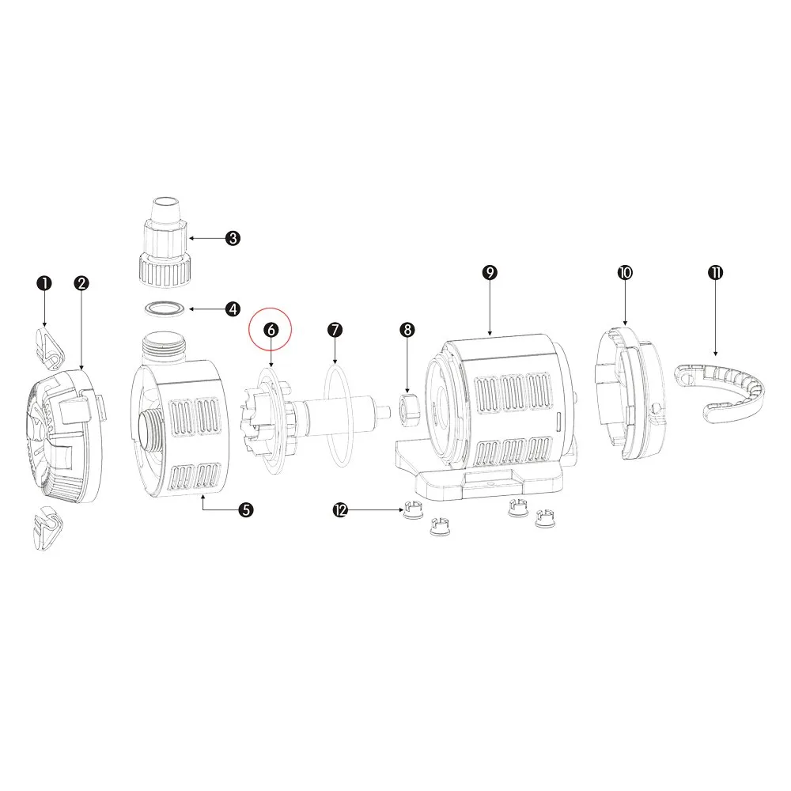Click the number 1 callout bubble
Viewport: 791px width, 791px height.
tap(44, 283)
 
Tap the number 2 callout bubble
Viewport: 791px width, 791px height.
tap(81, 283)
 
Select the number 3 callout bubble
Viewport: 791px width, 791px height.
tap(233, 238)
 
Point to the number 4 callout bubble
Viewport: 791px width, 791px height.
tap(233, 308)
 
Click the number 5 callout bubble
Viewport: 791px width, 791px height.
tap(246, 509)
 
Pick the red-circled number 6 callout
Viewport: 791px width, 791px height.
tap(271, 329)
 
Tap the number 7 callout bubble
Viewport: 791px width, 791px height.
tap(335, 330)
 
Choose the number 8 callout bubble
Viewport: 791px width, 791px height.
tap(407, 330)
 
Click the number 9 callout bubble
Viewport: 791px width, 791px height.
tap(490, 272)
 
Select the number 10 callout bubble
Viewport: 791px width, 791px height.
tap(625, 272)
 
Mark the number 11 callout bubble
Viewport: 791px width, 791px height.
tap(715, 272)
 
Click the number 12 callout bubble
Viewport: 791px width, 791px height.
tap(340, 510)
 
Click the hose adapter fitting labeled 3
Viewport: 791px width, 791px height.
tap(165, 243)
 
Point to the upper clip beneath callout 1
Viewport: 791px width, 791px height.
tap(49, 349)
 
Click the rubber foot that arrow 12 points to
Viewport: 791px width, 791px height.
tap(413, 510)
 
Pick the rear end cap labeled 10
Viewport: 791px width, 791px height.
tap(630, 393)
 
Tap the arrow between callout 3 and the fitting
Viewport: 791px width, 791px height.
tap(206, 238)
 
